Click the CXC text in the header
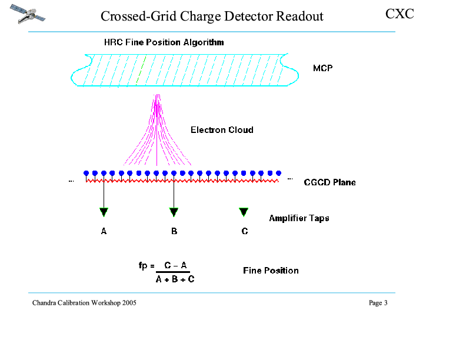tap(400, 14)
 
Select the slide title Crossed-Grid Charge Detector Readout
tap(212, 16)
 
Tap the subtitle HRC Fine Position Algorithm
tap(164, 42)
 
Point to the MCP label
tap(322, 68)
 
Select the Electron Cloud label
tap(222, 129)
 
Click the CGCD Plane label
tap(329, 182)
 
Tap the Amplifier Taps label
tap(299, 218)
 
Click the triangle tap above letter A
tap(104, 212)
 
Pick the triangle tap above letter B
tap(174, 212)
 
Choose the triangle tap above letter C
tap(244, 212)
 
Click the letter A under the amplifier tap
tap(104, 232)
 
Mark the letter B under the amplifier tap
tap(174, 232)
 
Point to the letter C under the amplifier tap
tap(245, 232)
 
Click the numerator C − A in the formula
tap(175, 265)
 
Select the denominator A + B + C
tap(175, 279)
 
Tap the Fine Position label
tap(271, 271)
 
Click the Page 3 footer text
tap(378, 303)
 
